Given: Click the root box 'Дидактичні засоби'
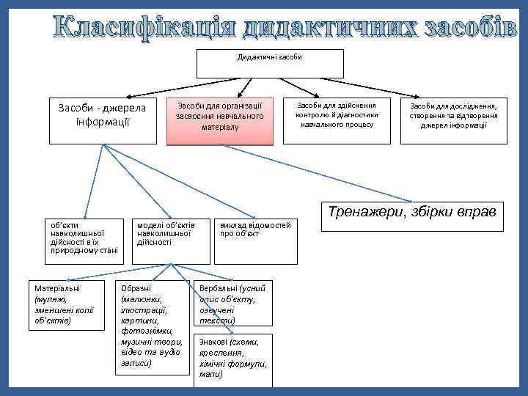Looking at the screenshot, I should tap(271, 63).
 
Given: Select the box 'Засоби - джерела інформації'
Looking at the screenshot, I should tap(102, 120).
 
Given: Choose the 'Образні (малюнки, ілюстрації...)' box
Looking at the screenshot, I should tap(153, 326).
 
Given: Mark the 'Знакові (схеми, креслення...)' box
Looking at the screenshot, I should tap(232, 360).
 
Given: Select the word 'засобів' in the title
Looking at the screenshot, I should tap(466, 26).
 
